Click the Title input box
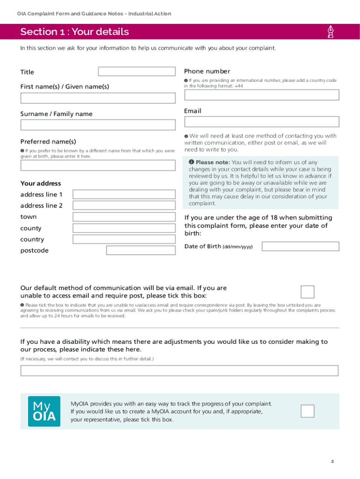click(x=137, y=72)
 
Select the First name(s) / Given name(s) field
click(x=98, y=98)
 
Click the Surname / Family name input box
click(x=98, y=125)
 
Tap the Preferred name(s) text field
click(x=98, y=165)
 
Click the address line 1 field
click(x=124, y=195)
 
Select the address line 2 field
click(x=124, y=205)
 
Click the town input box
click(x=124, y=217)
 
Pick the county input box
click(x=124, y=228)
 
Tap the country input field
click(x=124, y=239)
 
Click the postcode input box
click(x=141, y=250)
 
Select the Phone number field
click(x=261, y=95)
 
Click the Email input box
click(x=261, y=122)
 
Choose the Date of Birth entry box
click(x=300, y=247)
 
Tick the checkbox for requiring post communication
click(x=307, y=291)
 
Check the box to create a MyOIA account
click(x=307, y=411)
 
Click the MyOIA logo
click(x=44, y=411)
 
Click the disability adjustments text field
click(x=179, y=370)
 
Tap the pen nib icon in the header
click(x=331, y=32)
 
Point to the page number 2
click(x=332, y=462)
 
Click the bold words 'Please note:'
click(x=213, y=162)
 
